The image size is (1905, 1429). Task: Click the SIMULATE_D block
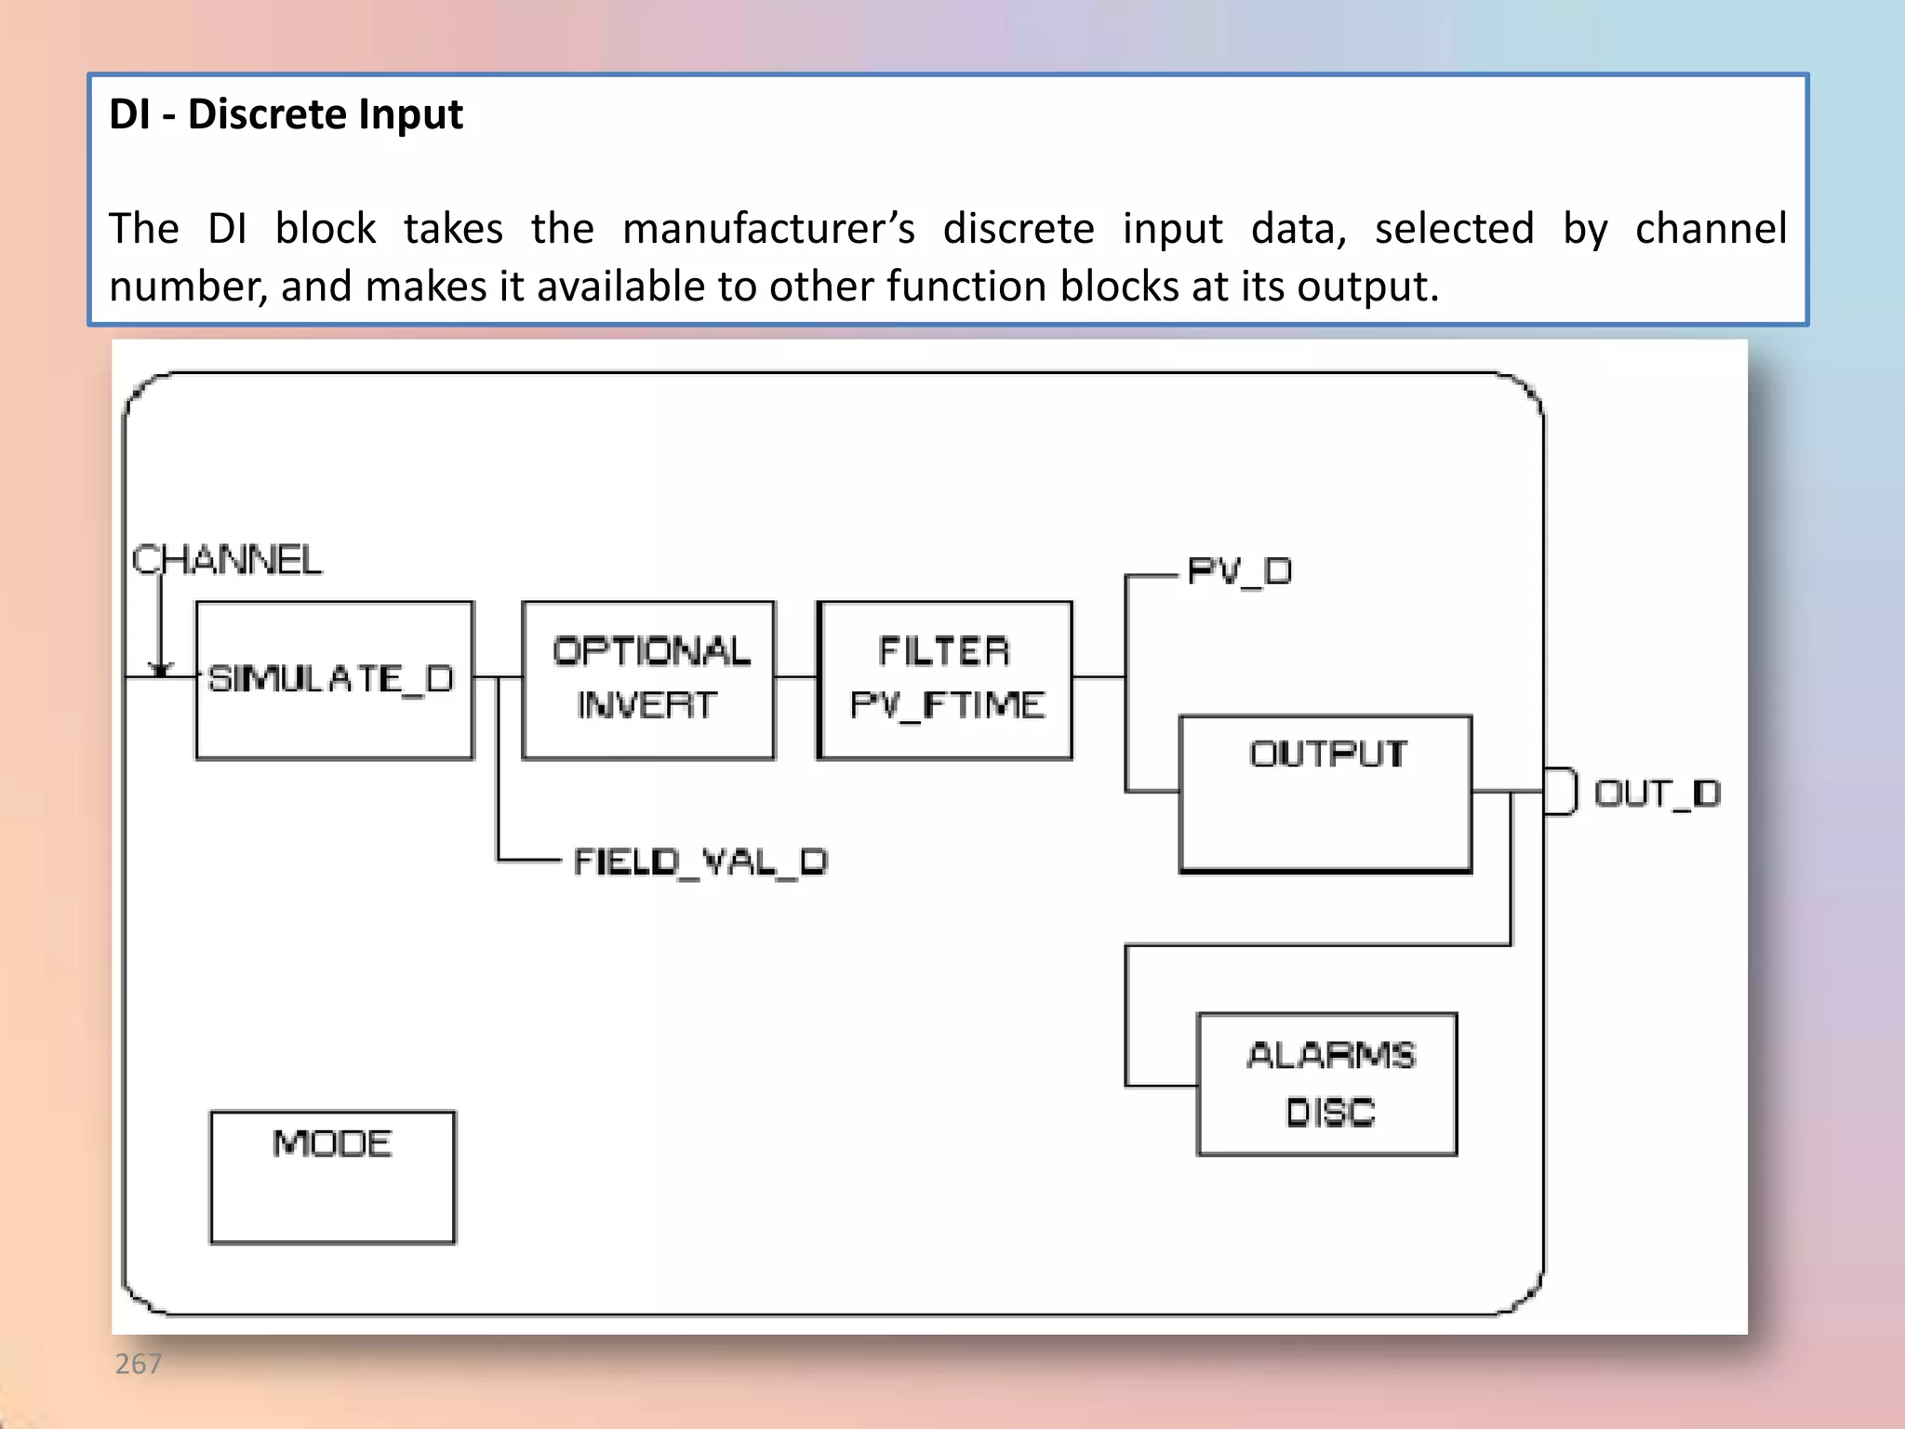coord(334,680)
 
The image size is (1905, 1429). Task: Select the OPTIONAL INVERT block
coord(648,680)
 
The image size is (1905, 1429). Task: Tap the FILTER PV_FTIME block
coord(945,680)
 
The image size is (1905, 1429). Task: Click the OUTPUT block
coord(1325,794)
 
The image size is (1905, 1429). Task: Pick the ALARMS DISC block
coord(1326,1084)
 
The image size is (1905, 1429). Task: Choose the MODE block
coord(333,1176)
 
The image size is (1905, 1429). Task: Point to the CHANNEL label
coord(227,560)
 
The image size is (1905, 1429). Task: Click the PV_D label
coord(1240,570)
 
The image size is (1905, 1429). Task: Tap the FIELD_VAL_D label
coord(699,861)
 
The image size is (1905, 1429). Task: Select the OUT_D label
coord(1658,794)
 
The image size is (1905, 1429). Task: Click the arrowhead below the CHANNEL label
coord(161,669)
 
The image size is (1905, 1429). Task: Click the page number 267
coord(138,1363)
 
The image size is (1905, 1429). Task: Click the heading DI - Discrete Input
coord(286,114)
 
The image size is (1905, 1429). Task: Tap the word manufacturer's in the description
coord(768,229)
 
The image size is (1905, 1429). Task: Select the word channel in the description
coord(1711,229)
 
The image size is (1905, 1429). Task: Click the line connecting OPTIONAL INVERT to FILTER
coord(795,676)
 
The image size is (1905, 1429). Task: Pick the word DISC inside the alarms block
coord(1330,1112)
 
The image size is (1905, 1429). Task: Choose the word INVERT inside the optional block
coord(646,705)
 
